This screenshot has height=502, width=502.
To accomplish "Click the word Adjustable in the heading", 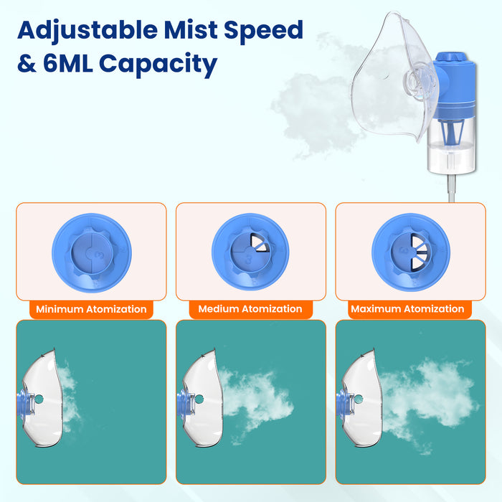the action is [87, 31].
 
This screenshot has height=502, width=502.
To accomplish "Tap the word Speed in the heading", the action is [263, 31].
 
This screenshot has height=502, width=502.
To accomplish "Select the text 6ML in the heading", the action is [68, 62].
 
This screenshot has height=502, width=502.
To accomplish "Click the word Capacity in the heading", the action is [158, 65].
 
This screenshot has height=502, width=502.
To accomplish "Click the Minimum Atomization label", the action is [91, 309].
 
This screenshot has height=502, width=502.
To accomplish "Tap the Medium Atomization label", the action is [250, 309].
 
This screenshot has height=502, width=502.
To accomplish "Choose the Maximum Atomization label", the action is [407, 309].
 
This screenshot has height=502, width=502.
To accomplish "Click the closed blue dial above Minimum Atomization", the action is [92, 253].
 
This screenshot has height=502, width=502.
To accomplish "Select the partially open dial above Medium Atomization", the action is [250, 252].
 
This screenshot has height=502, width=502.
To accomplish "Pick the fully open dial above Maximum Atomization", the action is [411, 252].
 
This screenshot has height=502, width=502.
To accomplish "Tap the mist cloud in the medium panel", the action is [256, 400].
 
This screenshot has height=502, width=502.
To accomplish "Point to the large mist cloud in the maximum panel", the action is [429, 400].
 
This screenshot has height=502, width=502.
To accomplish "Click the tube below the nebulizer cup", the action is [451, 188].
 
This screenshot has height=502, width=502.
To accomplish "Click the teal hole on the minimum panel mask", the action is [39, 399].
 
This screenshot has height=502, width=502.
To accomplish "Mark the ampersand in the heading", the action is [27, 63].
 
